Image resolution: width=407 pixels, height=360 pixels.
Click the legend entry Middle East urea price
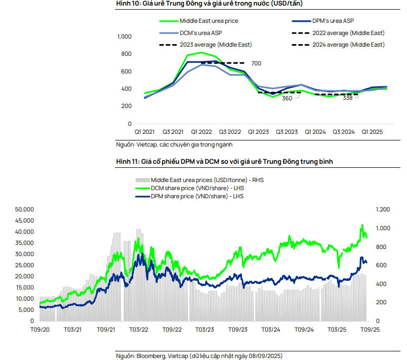[x=208, y=21]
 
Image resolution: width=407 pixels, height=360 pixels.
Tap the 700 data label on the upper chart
[x=256, y=63]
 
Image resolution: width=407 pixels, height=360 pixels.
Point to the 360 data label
[x=287, y=98]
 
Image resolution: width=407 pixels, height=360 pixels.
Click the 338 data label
[x=347, y=98]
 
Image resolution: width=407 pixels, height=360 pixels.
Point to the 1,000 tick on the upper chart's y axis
[x=124, y=37]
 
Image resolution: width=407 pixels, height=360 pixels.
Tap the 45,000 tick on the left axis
[x=24, y=220]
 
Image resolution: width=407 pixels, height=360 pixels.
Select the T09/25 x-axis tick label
[x=370, y=330]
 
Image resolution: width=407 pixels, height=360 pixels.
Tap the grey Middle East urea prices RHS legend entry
[x=207, y=179]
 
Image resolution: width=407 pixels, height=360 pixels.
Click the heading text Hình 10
[x=128, y=3]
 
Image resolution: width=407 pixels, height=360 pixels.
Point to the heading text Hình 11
[x=127, y=161]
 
